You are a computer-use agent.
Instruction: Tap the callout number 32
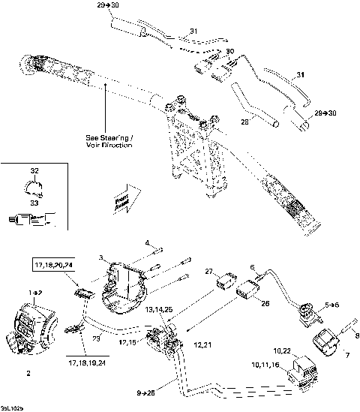click(34, 172)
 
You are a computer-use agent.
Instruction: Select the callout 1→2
click(34, 290)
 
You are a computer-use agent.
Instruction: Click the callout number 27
click(210, 272)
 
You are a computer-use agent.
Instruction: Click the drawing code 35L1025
click(13, 407)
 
